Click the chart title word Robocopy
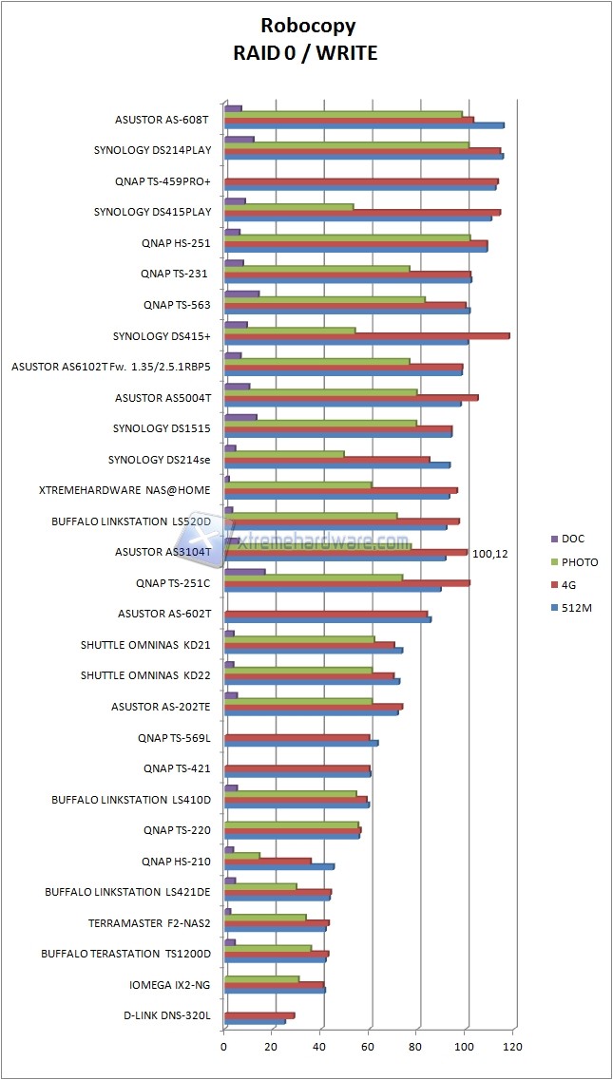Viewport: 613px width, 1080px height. (x=305, y=27)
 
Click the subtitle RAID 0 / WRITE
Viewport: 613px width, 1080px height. (x=305, y=53)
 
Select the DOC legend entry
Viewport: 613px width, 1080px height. (x=572, y=539)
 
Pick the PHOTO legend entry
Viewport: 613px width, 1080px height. (x=579, y=561)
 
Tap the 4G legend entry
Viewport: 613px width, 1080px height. (x=571, y=584)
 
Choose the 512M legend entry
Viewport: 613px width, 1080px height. (x=576, y=607)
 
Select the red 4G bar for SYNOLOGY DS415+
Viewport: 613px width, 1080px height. (x=367, y=335)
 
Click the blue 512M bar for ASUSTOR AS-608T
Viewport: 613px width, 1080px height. (x=364, y=124)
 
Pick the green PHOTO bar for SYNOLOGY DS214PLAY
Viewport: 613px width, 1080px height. (x=347, y=144)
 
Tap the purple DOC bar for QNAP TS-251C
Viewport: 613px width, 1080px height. (x=244, y=571)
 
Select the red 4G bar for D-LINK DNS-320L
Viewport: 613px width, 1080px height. (x=259, y=1014)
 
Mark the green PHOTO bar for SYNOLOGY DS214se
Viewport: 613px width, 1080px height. (x=284, y=454)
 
